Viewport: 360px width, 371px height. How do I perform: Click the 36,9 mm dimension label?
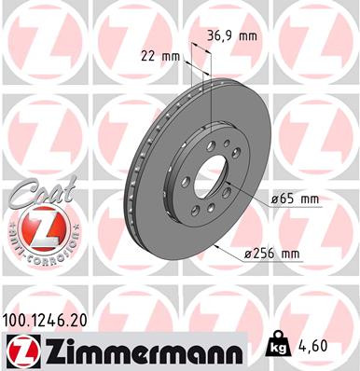tap(229, 35)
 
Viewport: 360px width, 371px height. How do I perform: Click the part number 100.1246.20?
tap(51, 319)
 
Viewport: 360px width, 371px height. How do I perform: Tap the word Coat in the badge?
tap(35, 197)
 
